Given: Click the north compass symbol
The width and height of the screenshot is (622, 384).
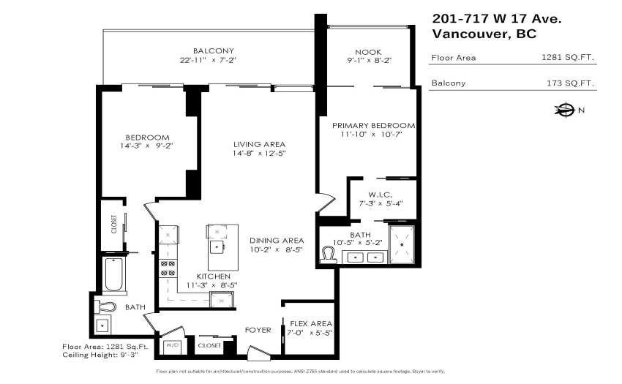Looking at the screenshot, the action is (x=564, y=110).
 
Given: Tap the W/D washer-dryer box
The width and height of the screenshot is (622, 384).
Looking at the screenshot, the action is (x=173, y=346).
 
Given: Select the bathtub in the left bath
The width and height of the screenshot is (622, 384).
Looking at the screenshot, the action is (x=114, y=275).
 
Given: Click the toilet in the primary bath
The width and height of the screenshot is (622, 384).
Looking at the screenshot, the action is (x=329, y=255).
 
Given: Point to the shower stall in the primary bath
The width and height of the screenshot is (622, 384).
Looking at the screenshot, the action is (x=402, y=244).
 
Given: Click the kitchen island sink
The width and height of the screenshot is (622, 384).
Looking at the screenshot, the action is (x=217, y=246).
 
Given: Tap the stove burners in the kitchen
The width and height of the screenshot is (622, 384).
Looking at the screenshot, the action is (x=168, y=268).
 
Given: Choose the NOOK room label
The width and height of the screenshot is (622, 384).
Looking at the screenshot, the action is (x=368, y=52).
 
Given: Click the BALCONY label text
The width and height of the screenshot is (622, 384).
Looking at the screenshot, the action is (x=214, y=50).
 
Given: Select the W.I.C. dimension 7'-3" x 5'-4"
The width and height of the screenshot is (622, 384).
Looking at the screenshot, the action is (x=381, y=203).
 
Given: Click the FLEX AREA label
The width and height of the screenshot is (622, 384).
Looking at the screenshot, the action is (x=311, y=324).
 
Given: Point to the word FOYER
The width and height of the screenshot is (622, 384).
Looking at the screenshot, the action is (x=258, y=330).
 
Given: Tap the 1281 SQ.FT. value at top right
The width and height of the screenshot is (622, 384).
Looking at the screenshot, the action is (x=568, y=57).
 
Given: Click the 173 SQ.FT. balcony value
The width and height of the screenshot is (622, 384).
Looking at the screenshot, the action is (x=570, y=83).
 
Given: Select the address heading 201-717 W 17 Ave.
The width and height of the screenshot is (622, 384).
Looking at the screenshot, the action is (x=497, y=18).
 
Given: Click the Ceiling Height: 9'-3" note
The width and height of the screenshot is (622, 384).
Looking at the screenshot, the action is (x=100, y=355).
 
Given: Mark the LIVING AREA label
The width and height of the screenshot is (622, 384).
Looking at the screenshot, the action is (x=260, y=144).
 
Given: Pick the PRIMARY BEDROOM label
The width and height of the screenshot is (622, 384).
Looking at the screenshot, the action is (x=374, y=125).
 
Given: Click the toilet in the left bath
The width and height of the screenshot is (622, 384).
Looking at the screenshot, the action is (x=105, y=307).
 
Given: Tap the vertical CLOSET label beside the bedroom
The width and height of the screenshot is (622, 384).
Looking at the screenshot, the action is (x=114, y=224).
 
